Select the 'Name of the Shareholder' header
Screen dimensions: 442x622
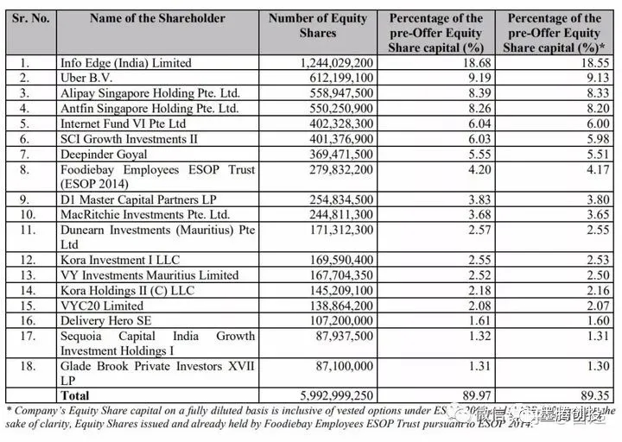157,18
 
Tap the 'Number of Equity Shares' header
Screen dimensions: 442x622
318,25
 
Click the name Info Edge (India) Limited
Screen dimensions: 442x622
126,63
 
